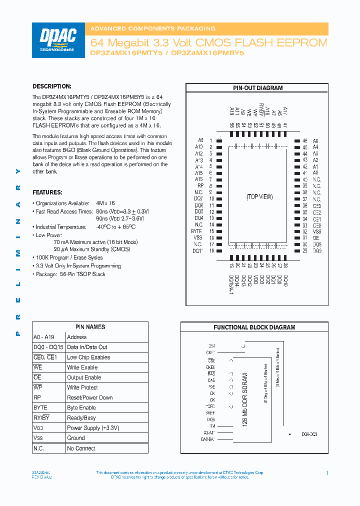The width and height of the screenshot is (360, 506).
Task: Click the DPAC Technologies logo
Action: tap(57, 39)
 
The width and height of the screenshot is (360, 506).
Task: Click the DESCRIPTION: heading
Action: tap(52, 86)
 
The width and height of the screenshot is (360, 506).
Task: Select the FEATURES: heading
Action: tap(47, 192)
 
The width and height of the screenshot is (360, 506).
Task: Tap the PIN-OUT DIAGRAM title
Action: tap(257, 88)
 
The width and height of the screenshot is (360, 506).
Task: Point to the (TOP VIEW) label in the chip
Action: tap(259, 196)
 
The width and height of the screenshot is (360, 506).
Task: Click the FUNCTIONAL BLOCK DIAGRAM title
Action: tap(254, 327)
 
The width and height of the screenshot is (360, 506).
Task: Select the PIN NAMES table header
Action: tap(90, 327)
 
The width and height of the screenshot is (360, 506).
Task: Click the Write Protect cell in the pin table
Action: tap(82, 387)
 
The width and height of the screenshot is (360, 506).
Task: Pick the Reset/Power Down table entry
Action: tap(90, 397)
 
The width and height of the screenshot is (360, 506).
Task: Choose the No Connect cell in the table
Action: tap(81, 448)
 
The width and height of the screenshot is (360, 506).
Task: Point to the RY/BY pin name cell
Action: tap(41, 418)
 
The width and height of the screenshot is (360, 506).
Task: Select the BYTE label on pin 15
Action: tap(196, 231)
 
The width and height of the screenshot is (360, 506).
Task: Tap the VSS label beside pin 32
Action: tap(317, 231)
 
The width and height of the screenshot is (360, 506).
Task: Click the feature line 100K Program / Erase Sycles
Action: tap(69, 257)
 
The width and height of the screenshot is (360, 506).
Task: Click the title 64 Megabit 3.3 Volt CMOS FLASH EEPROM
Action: tap(208, 43)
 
